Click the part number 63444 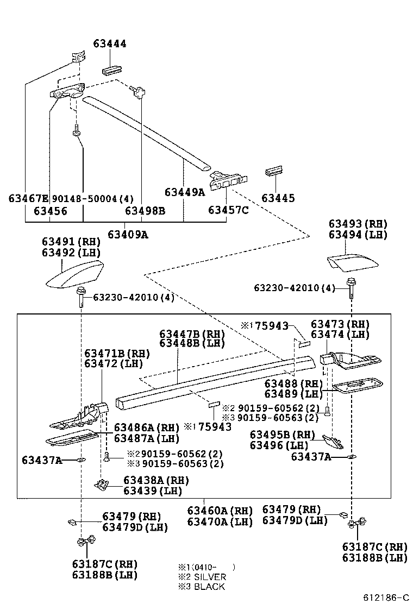pyautogui.click(x=109, y=43)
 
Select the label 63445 pyautogui.click(x=278, y=198)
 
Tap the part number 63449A pyautogui.click(x=184, y=192)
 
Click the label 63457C pyautogui.click(x=228, y=210)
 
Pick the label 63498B pyautogui.click(x=145, y=211)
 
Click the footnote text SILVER pyautogui.click(x=210, y=577)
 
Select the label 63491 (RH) pyautogui.click(x=71, y=241)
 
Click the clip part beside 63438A pyautogui.click(x=100, y=484)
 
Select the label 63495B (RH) pyautogui.click(x=282, y=435)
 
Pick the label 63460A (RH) pyautogui.click(x=220, y=511)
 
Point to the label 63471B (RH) pyautogui.click(x=117, y=354)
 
